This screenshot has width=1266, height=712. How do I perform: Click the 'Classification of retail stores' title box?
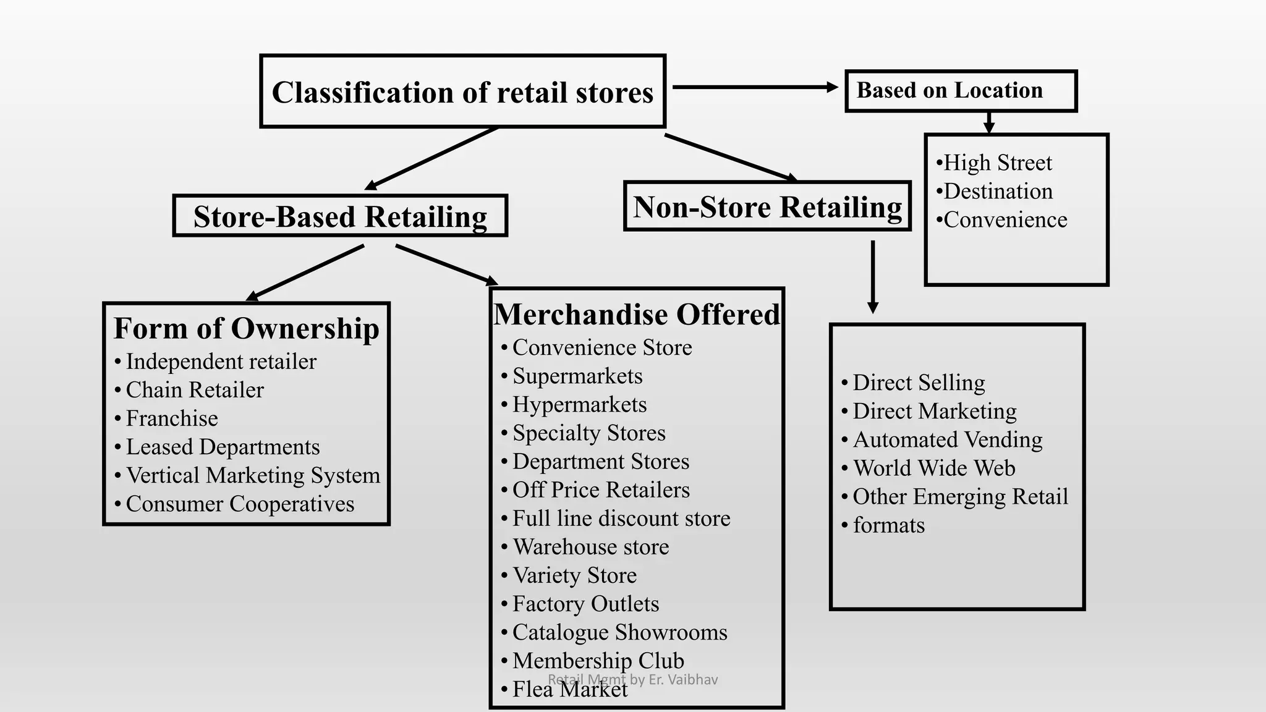[x=462, y=91]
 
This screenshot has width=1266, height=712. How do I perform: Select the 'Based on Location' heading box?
[x=961, y=91]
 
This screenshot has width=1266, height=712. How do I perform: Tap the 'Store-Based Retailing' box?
[x=340, y=216]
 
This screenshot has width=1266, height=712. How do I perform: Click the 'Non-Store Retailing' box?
[x=767, y=206]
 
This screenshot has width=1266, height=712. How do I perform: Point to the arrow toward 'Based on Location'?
[x=754, y=87]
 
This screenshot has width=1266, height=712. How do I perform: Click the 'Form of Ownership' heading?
[x=246, y=328]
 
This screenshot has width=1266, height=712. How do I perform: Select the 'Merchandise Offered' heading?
[x=637, y=314]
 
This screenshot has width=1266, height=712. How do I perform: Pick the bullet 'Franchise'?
[x=172, y=418]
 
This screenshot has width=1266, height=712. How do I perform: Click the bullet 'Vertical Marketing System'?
[x=253, y=475]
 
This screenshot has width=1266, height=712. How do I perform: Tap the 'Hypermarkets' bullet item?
[x=579, y=405]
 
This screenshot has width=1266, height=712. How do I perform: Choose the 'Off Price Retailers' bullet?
[x=601, y=490]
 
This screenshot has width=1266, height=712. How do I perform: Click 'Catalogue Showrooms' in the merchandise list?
[x=619, y=632]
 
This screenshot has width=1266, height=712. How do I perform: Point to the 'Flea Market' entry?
[x=569, y=689]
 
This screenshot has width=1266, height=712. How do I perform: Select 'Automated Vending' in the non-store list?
[x=948, y=440]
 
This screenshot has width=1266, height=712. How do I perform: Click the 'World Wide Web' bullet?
[x=933, y=468]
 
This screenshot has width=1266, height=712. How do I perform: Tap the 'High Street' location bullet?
[x=997, y=163]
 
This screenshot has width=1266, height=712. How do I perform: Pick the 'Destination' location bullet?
[x=998, y=192]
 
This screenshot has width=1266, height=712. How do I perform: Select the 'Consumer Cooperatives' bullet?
[x=240, y=504]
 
